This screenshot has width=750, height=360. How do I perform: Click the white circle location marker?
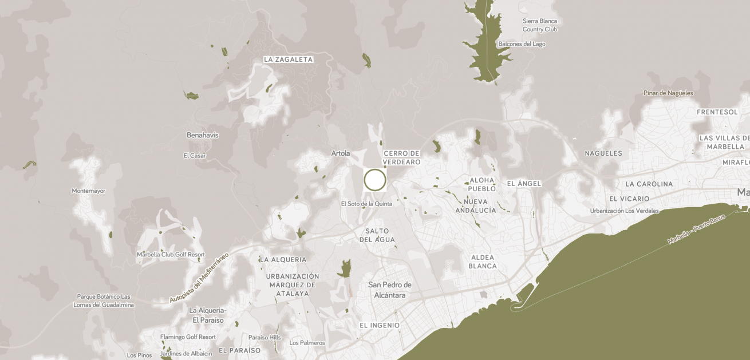point(375,180)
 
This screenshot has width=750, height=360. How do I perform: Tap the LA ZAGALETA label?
point(289,60)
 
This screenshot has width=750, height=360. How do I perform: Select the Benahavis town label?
point(203,135)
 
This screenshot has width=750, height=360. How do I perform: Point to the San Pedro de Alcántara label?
point(390,290)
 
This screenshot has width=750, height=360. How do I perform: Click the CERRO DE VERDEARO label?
point(402,158)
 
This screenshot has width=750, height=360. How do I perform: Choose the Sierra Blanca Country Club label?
point(539,25)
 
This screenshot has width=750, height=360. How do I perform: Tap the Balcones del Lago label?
point(522,44)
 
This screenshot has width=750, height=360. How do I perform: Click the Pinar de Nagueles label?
point(668,93)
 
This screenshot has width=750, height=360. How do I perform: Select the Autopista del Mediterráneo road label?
point(199,278)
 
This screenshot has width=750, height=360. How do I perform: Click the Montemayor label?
point(88,191)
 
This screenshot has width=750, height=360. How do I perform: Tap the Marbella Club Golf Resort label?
point(171,254)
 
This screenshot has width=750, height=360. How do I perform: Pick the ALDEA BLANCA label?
point(483,262)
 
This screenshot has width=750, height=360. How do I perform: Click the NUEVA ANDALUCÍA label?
point(476,206)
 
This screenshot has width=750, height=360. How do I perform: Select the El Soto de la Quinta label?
point(366,204)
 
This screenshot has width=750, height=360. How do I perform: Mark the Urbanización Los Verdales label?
point(625,211)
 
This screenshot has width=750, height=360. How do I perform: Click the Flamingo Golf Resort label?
point(188,337)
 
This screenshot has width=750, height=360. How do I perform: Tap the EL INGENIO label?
point(380,325)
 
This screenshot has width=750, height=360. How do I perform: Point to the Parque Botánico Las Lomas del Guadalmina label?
point(104,300)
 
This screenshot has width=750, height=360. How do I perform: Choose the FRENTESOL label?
point(717,112)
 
